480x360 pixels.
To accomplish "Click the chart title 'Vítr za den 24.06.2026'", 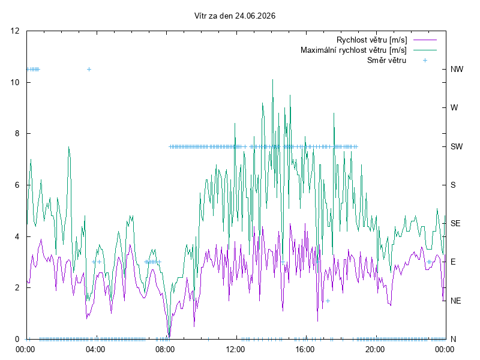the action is (235, 16).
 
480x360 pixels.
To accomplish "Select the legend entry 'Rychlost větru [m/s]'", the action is (371, 40).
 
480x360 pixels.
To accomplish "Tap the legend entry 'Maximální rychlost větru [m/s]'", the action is (353, 50).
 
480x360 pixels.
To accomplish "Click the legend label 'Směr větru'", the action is (386, 60).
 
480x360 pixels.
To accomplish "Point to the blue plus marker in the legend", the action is (425, 61).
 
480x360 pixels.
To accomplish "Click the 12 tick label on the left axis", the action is (14, 31).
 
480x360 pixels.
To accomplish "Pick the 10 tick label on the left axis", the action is (14, 82).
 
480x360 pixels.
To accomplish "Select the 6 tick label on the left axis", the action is (17, 185).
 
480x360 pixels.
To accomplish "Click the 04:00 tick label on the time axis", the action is (95, 349).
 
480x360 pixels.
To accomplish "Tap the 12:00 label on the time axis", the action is (235, 349).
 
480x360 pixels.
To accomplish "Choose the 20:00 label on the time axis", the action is (375, 349).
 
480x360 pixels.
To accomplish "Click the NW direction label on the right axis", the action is (457, 69).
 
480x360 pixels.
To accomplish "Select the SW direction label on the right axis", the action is (457, 146).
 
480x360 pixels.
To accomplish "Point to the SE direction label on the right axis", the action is (455, 223).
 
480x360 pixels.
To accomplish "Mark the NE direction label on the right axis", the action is (455, 301).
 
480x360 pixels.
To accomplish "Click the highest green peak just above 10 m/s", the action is (272, 80).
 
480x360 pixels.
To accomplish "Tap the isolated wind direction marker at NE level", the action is (328, 301).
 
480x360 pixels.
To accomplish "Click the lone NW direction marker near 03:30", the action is (89, 69).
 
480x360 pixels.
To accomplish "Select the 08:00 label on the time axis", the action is (165, 349).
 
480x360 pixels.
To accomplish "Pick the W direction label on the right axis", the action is (454, 108).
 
